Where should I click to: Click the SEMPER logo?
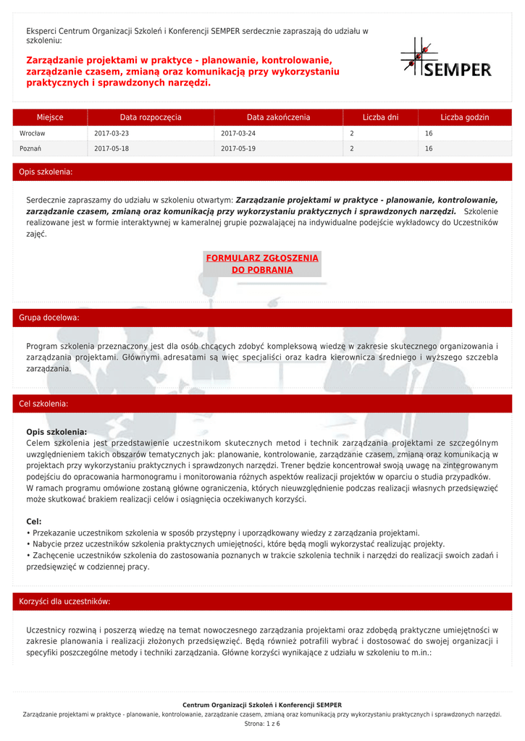point(445,57)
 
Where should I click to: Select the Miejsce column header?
point(50,117)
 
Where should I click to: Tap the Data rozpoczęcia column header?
point(151,117)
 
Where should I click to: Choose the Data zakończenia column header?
point(278,117)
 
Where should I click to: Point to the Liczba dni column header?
point(380,117)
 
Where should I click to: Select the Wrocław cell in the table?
point(33,134)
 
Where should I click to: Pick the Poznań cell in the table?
point(30,149)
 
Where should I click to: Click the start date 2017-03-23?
point(112,134)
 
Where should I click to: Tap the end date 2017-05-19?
point(238,149)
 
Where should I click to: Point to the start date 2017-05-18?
point(112,149)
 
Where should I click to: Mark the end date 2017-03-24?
point(238,134)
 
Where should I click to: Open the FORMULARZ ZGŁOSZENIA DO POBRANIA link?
point(262,264)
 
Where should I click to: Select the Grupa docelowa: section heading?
point(49,318)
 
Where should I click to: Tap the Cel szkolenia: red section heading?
point(43,403)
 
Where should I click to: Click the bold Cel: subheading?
point(34,521)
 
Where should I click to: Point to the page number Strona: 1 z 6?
point(262,724)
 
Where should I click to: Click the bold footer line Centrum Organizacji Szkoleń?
point(262,705)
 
